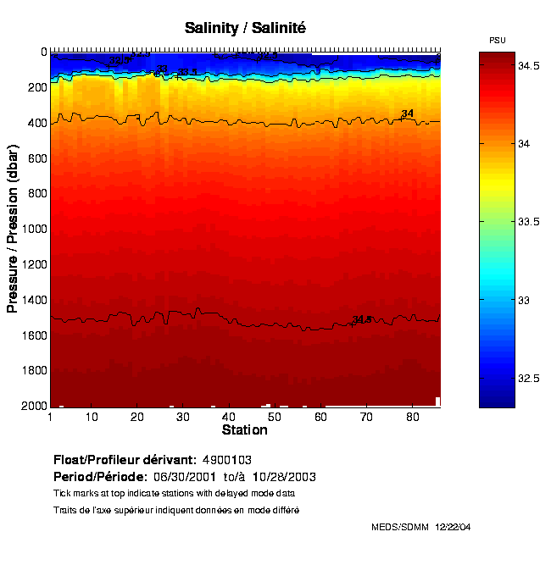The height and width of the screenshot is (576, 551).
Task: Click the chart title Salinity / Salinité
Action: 245,28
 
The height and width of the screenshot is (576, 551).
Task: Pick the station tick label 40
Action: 228,417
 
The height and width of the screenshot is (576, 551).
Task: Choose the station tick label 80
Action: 412,417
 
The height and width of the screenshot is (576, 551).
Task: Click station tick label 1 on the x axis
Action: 51,417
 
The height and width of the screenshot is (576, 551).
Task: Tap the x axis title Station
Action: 245,430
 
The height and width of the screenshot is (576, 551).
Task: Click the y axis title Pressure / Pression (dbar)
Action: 13,229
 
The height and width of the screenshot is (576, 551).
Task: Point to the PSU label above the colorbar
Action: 498,41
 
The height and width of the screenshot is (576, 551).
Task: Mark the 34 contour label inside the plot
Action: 408,114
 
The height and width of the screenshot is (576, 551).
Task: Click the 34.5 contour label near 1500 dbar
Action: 362,319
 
